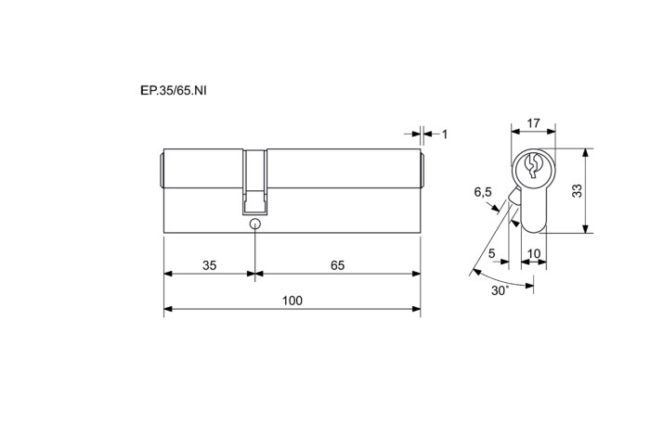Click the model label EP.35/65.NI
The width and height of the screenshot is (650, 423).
tap(174, 91)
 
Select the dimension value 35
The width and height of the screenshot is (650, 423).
tap(209, 265)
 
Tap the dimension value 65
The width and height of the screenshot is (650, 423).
tap(337, 265)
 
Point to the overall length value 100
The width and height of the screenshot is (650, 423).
tap(292, 301)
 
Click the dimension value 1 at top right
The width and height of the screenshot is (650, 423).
tap(445, 135)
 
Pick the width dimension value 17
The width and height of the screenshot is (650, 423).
tap(534, 123)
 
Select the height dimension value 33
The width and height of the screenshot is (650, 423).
tap(577, 190)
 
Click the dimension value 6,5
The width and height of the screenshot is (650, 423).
tap(483, 192)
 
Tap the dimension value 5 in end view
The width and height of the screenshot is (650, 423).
tap(491, 253)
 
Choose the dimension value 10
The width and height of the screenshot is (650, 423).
tap(534, 253)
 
